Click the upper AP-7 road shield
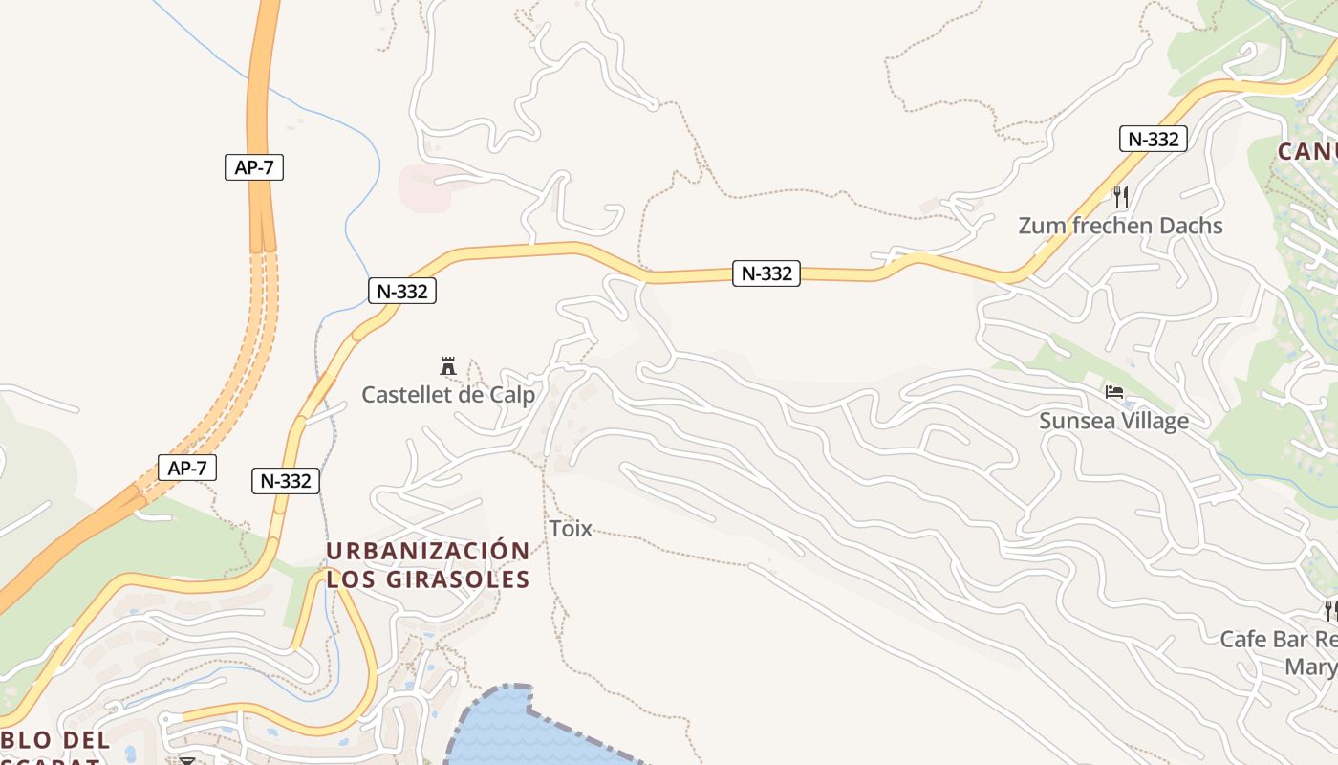[254, 167]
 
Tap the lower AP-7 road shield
[187, 469]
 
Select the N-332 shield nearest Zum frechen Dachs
[1153, 139]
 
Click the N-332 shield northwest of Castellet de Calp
[401, 291]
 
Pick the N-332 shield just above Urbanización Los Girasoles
[286, 481]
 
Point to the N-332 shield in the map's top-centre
[766, 273]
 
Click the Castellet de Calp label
[448, 394]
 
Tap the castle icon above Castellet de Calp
[447, 365]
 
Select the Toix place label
[571, 528]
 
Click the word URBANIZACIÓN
[428, 551]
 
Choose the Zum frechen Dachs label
[1120, 226]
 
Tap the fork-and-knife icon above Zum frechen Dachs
[1121, 197]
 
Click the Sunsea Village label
[1113, 421]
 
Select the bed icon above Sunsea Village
[1113, 392]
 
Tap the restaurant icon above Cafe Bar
[1329, 609]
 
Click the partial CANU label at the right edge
[1306, 151]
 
